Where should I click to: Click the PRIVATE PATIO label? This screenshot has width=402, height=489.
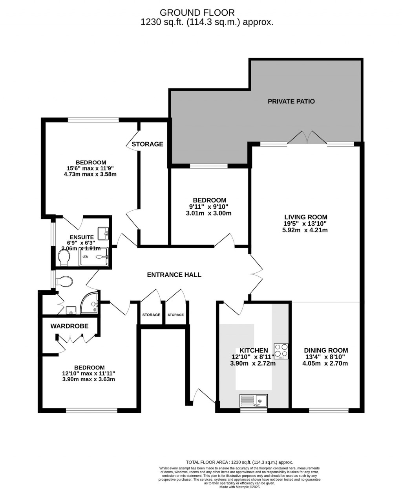[291, 101]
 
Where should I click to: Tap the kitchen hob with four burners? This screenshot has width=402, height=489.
[281, 351]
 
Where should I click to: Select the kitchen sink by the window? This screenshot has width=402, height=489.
[254, 401]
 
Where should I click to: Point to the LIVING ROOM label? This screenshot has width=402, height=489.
[305, 217]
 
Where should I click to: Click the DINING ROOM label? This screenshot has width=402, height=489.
[326, 350]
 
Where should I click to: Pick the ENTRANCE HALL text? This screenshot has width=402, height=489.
[174, 275]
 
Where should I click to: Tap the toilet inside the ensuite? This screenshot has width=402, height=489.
[64, 258]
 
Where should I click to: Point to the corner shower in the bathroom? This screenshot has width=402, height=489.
[90, 304]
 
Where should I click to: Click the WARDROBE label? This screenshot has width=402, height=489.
[69, 326]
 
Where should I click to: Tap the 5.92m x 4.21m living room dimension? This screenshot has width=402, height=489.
[305, 230]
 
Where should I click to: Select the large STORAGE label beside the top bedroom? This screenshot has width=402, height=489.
[147, 144]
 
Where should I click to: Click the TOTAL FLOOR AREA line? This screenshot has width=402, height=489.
[239, 462]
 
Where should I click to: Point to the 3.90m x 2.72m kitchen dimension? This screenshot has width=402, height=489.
[253, 364]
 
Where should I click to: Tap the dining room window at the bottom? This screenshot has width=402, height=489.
[328, 411]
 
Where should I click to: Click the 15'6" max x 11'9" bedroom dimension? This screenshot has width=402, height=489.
[90, 168]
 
